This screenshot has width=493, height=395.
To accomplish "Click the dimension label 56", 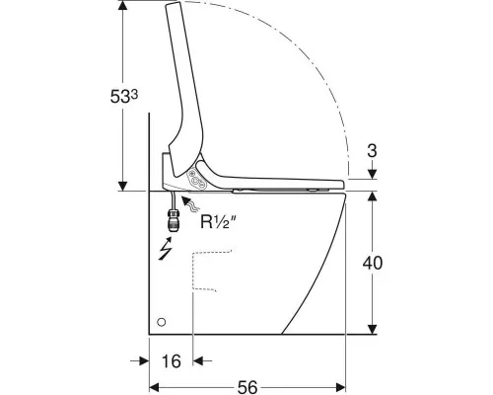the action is point(247,387).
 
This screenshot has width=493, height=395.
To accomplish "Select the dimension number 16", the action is point(172,361).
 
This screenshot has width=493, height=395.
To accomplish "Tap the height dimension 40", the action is point(373,263).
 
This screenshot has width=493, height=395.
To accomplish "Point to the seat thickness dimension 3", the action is point(372,151).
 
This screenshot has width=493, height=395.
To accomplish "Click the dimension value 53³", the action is point(124,97).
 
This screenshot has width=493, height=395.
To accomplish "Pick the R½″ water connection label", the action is point(218,222).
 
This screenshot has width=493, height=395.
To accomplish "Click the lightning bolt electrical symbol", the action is point(166,249).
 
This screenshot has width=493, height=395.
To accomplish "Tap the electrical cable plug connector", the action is point(173,221).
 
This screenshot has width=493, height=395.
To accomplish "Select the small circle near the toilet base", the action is point(162,322).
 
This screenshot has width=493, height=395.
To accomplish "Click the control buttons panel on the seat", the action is point(196,179).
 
